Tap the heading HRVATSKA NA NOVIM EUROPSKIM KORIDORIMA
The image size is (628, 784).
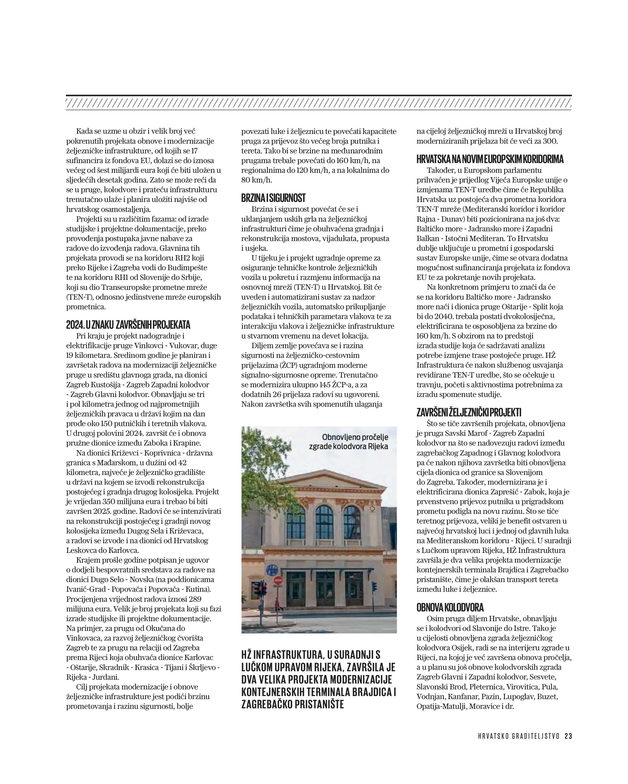490,159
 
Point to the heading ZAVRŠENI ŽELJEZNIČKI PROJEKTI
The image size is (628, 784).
469,412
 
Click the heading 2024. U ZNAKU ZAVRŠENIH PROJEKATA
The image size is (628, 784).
128,325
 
